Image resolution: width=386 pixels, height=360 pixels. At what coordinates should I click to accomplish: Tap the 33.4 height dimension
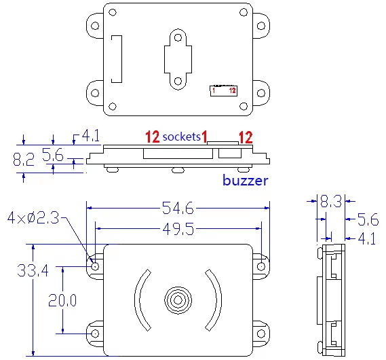[x=33, y=271]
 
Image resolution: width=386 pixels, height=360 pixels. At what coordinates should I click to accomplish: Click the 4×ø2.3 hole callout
[x=33, y=218]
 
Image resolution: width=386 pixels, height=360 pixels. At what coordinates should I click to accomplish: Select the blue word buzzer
[x=245, y=181]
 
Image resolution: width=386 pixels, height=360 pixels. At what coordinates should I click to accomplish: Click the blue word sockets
[x=182, y=137]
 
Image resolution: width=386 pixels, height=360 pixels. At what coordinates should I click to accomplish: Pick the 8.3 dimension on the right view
[x=330, y=201]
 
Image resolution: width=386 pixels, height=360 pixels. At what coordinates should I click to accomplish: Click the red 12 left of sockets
[x=152, y=137]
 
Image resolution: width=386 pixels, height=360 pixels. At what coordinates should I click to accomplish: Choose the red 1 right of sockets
[x=204, y=137]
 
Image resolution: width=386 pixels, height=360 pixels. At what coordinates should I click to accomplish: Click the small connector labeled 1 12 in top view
[x=223, y=90]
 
